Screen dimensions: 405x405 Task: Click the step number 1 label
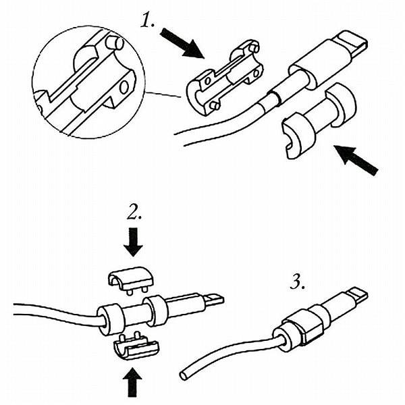(149, 22)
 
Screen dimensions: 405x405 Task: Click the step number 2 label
(134, 215)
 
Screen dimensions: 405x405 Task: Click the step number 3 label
(298, 282)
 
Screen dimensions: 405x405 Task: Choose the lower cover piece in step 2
(137, 346)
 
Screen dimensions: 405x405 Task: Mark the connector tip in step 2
(215, 299)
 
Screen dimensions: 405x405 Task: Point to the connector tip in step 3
(358, 295)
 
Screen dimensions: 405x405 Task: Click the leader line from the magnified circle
(162, 94)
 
